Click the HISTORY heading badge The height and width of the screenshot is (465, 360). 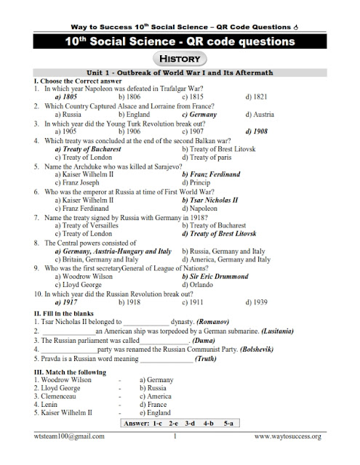pos(179,59)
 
